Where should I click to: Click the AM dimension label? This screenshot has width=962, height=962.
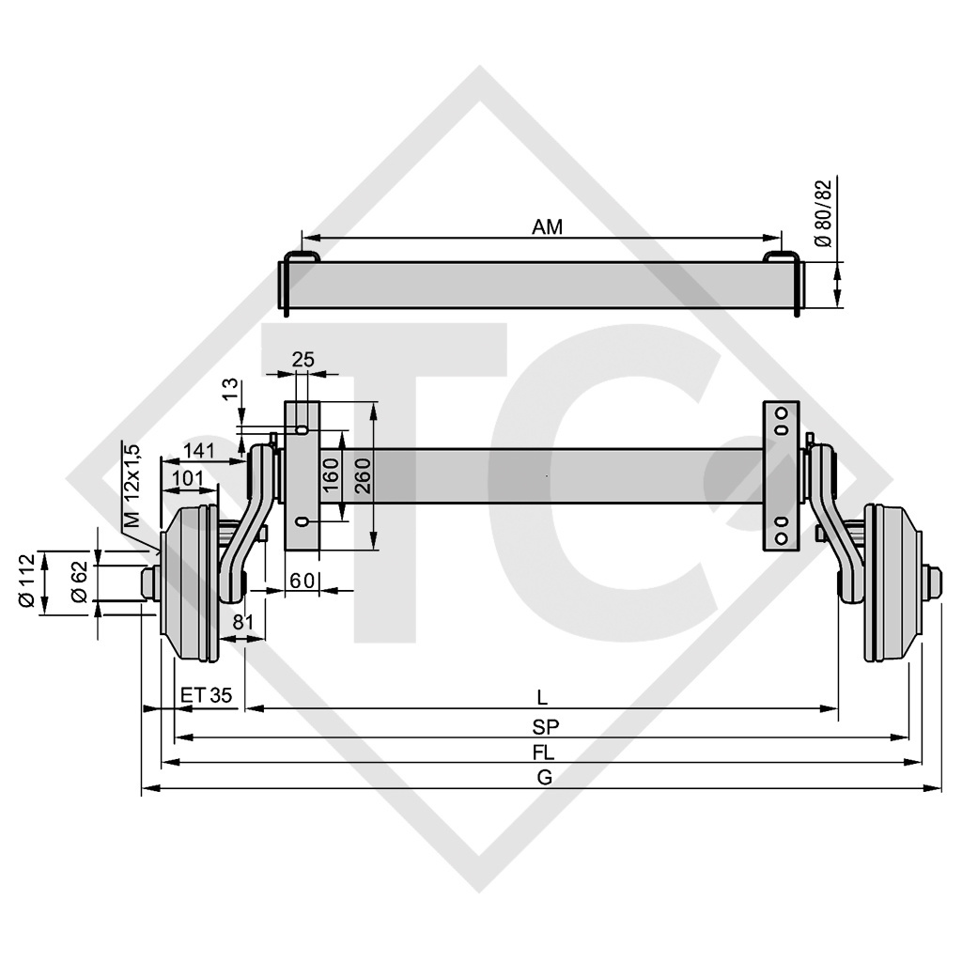coord(547,226)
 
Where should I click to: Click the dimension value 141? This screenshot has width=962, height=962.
coord(200,450)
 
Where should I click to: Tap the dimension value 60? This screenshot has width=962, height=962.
coord(301,581)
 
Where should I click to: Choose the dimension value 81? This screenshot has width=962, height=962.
coord(242,621)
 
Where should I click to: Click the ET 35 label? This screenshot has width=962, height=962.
coord(206,695)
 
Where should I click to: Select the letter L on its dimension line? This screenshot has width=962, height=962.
coord(542,697)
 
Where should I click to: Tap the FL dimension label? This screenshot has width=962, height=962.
coord(543,752)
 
